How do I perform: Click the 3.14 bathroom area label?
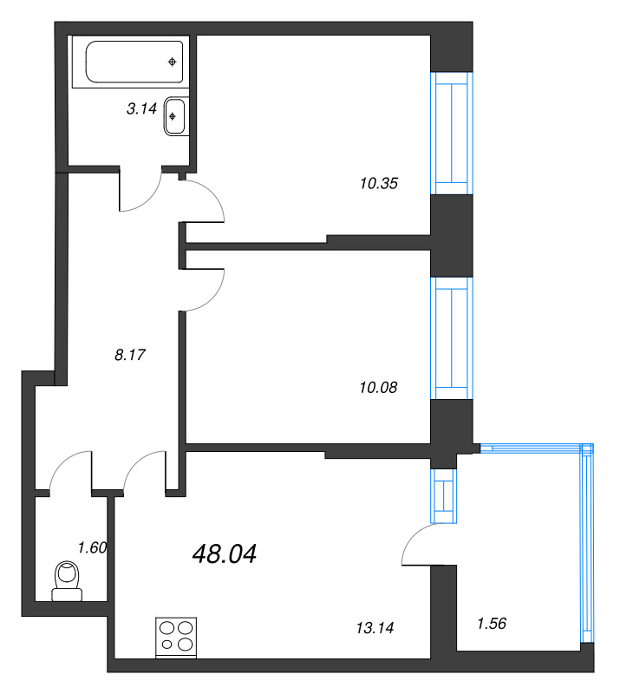click(140, 108)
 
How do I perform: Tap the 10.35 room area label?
click(378, 183)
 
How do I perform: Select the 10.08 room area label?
click(377, 387)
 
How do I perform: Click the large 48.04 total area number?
click(224, 553)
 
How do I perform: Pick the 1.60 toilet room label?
click(92, 547)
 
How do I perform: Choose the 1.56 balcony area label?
click(493, 622)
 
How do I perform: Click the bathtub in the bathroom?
click(135, 62)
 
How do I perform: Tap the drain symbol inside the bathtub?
click(173, 62)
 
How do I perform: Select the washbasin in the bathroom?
click(175, 116)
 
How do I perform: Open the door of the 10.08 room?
click(205, 289)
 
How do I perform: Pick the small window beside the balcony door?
click(444, 496)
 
